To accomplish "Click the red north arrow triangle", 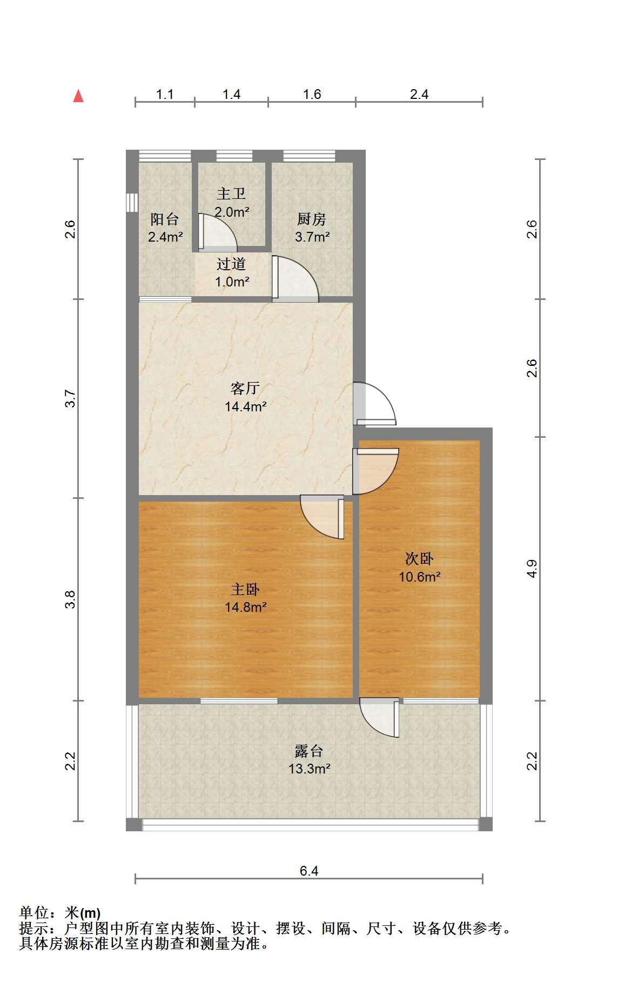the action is click(79, 96).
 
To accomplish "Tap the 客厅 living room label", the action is click(245, 388).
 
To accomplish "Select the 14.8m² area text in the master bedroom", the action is click(246, 607).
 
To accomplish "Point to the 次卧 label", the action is click(420, 559).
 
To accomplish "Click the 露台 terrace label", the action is click(309, 751).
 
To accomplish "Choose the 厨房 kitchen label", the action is click(312, 219).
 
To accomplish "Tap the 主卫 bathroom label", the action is click(231, 193).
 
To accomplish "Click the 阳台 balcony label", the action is click(165, 219).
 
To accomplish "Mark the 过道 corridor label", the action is click(231, 264).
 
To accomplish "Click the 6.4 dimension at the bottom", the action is click(309, 871).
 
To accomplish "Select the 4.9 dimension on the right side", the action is click(533, 569).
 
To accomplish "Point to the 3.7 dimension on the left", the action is click(70, 398).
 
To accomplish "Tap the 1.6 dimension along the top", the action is click(312, 94).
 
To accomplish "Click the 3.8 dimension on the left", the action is click(70, 599).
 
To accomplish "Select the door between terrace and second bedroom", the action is click(379, 718).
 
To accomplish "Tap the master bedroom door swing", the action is click(323, 517).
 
